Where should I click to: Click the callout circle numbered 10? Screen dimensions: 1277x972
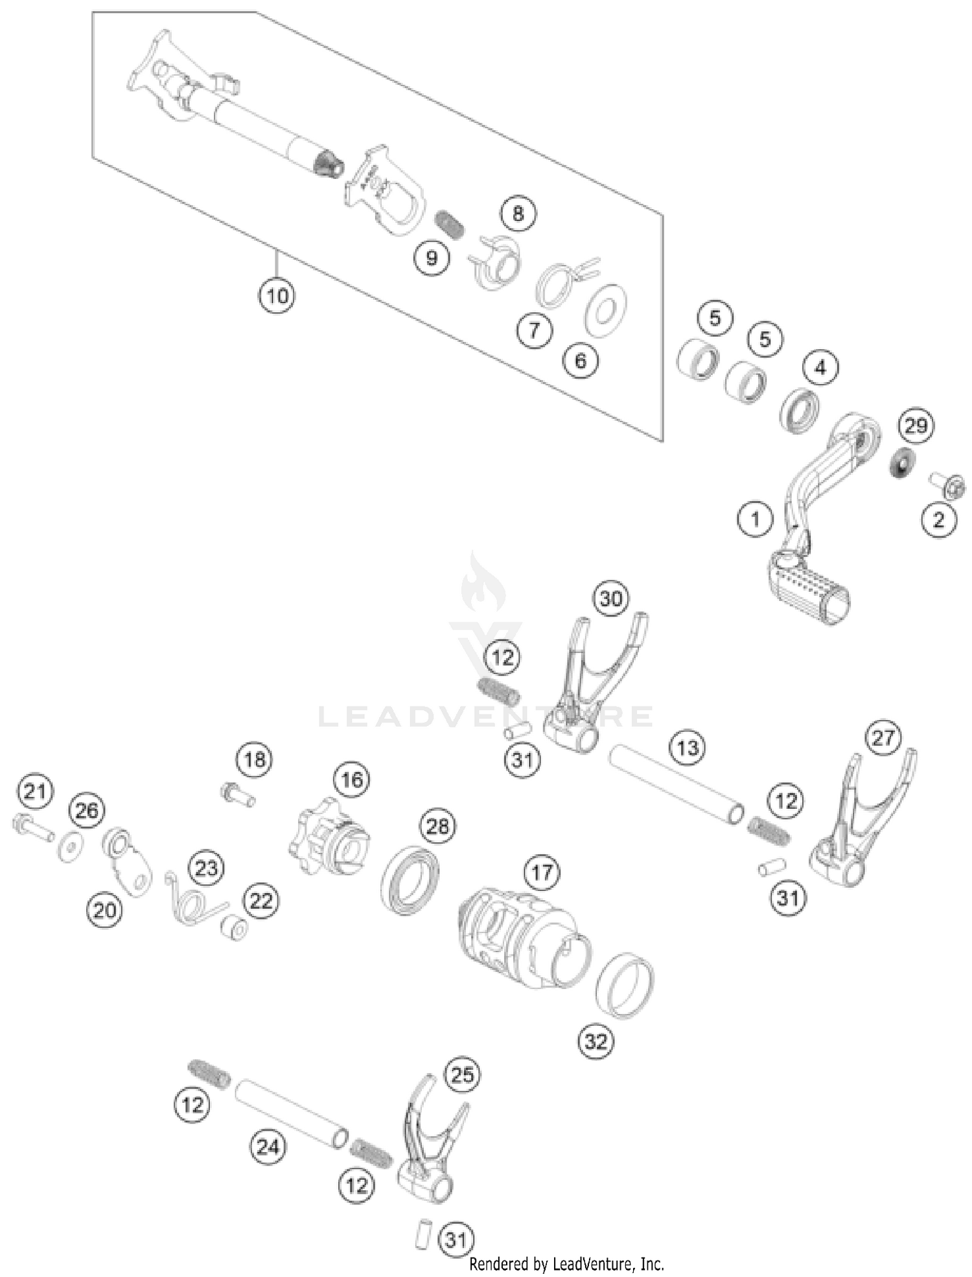click(277, 297)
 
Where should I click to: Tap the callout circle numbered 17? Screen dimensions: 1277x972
click(542, 873)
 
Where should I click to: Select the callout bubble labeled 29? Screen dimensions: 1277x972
click(916, 426)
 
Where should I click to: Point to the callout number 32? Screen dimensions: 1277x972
click(596, 1041)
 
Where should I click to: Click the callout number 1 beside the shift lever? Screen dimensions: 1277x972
click(755, 519)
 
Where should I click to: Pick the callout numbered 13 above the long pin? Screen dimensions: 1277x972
click(687, 748)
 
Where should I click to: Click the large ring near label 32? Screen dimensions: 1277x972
click(624, 985)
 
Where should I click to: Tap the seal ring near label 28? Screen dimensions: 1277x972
click(410, 879)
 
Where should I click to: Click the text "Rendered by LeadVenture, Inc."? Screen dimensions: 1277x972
click(566, 1263)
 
